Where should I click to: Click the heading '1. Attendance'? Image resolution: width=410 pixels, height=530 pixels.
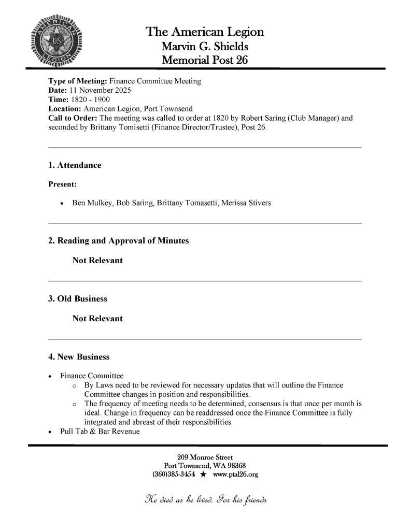(75, 165)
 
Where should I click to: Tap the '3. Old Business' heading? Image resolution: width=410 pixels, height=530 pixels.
(78, 299)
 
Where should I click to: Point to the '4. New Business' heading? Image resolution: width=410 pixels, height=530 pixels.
(79, 357)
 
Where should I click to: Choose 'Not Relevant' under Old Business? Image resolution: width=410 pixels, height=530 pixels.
(97, 319)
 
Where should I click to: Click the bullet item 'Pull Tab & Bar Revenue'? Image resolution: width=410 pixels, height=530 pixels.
(100, 431)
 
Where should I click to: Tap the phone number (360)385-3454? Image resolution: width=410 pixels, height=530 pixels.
(174, 474)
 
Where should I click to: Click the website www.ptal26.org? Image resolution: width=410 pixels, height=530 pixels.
(235, 474)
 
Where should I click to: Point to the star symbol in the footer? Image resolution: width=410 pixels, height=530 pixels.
(204, 474)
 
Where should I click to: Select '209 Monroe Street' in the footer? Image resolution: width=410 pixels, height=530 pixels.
(205, 457)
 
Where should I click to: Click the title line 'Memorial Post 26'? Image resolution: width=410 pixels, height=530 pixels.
(205, 60)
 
